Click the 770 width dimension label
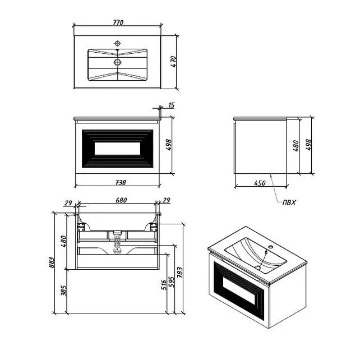coord(118,22)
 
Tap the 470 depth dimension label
coord(174,62)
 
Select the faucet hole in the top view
coord(117,43)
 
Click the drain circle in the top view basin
coord(118,62)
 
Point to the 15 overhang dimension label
coord(171,105)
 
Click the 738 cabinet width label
coord(121,183)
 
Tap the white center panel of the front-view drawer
coord(117,148)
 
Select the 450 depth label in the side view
coord(260,183)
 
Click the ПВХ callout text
coord(289,202)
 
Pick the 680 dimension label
coord(121,200)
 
